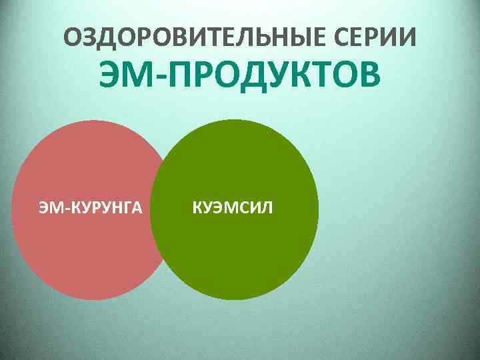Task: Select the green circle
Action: (x=240, y=253)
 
